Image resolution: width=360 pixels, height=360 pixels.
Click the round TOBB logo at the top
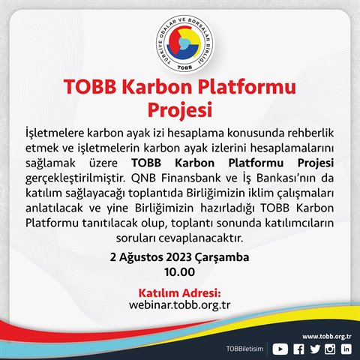[x=184, y=44]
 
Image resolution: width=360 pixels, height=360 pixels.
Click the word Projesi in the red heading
[x=180, y=110]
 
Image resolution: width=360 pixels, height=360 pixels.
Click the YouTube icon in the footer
[x=280, y=349]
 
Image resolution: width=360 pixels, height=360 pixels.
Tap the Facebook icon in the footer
[x=298, y=349]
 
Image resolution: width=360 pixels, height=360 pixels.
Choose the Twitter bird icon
[x=315, y=349]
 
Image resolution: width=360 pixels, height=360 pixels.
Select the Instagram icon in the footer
[x=330, y=349]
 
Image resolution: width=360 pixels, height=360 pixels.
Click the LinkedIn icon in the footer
[x=346, y=349]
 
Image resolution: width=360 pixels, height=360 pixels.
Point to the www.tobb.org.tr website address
[x=327, y=337]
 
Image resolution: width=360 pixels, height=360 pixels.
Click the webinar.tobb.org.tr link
[x=179, y=305]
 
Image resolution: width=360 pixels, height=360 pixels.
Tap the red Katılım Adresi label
[x=180, y=292]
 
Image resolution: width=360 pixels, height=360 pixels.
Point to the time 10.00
[x=179, y=272]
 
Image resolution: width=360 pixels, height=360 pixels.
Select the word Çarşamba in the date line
[x=222, y=258]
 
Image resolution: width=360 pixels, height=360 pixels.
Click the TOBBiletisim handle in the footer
[x=244, y=349]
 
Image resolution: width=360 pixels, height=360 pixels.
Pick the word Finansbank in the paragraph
[x=190, y=178]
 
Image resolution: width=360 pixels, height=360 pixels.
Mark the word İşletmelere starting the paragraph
[x=55, y=133]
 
